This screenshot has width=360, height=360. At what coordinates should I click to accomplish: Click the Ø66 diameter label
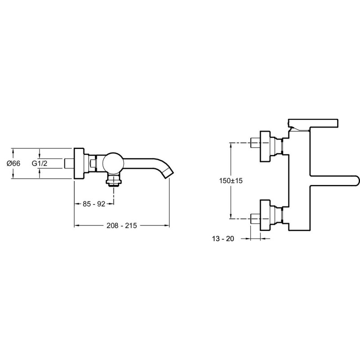(13, 163)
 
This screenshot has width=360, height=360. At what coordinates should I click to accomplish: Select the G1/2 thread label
(40, 163)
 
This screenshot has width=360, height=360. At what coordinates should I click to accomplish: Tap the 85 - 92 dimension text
(94, 204)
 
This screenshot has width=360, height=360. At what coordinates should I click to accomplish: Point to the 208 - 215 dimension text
(121, 225)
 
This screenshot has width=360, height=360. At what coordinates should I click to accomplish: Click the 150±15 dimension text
(231, 181)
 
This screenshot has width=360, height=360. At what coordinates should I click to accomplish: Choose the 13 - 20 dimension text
(223, 239)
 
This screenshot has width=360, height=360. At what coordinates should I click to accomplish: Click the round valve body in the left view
(113, 163)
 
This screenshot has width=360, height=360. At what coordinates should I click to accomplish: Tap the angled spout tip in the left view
(169, 173)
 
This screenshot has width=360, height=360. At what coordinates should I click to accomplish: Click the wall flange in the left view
(79, 163)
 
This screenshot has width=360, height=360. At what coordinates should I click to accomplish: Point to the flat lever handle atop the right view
(313, 123)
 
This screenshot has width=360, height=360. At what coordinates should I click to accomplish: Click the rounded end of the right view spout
(355, 181)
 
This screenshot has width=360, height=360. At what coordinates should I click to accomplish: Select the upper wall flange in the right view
(265, 146)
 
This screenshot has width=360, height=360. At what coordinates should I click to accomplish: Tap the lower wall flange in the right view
(265, 215)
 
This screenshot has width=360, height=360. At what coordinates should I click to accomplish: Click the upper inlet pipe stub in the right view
(255, 143)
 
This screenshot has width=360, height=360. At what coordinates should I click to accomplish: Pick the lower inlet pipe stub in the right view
(255, 219)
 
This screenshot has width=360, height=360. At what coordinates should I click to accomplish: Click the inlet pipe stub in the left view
(69, 163)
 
